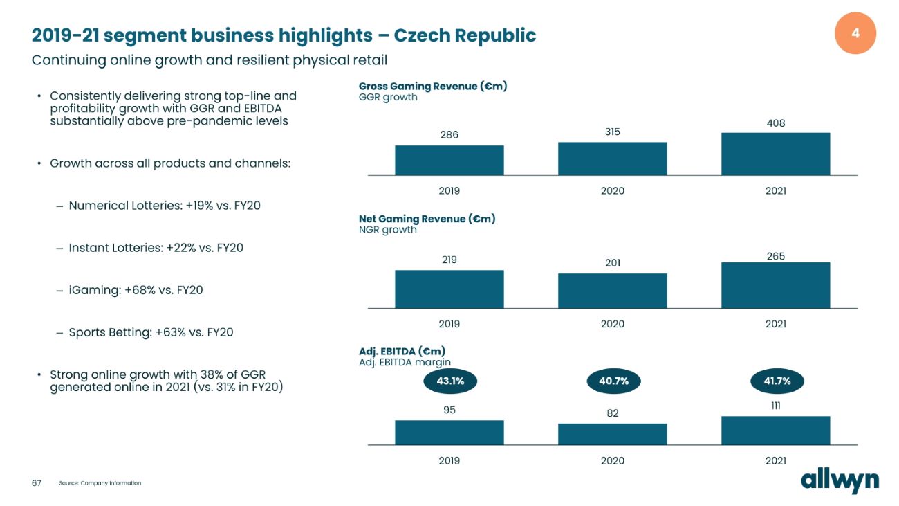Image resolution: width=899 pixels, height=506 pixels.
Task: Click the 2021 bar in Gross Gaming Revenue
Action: (x=775, y=154)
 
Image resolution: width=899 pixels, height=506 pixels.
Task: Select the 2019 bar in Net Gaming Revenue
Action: (x=449, y=289)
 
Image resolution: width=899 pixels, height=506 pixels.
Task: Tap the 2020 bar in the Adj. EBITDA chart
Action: (x=612, y=434)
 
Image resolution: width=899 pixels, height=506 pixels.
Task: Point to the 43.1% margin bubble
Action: (x=449, y=381)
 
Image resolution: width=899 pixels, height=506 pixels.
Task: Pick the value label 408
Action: (x=776, y=123)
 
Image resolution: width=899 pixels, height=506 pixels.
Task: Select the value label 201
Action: (x=612, y=263)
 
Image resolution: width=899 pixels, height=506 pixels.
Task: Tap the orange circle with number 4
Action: (x=855, y=33)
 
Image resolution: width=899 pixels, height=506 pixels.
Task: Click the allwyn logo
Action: (x=840, y=480)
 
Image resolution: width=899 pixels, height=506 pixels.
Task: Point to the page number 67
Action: (x=37, y=483)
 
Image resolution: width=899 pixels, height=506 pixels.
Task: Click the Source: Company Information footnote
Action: (x=100, y=483)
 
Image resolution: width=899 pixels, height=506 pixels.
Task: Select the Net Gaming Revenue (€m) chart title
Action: (x=427, y=219)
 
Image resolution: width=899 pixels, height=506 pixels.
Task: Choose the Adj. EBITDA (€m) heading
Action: (x=402, y=351)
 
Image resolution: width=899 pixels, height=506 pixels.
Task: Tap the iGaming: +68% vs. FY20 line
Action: (x=136, y=290)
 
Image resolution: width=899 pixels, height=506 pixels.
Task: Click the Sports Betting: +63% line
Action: (x=151, y=332)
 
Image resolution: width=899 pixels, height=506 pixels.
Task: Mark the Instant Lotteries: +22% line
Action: (x=156, y=248)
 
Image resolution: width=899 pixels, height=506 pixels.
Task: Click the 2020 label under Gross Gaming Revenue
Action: (x=612, y=190)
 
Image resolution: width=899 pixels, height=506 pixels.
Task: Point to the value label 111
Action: (x=776, y=406)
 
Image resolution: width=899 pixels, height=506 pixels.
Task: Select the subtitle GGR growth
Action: (x=388, y=98)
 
